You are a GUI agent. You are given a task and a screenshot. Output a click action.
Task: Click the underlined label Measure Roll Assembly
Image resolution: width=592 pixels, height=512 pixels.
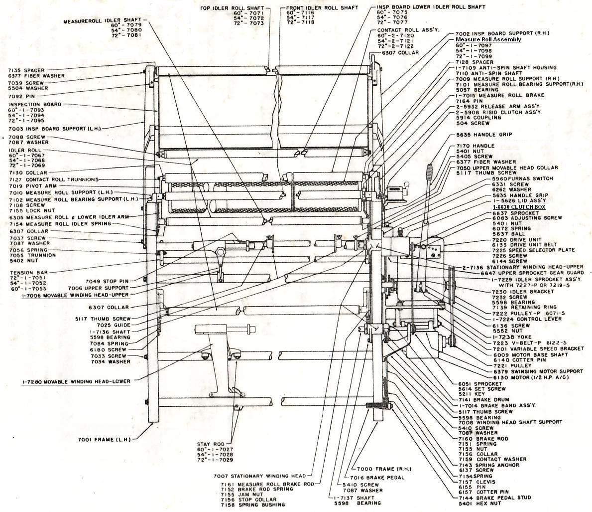tap(488, 39)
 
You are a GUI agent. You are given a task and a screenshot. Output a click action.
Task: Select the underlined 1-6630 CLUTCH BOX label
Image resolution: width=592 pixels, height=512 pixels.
tap(519, 206)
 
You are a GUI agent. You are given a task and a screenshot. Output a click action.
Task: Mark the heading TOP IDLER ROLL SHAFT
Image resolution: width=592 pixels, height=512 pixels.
tap(236, 8)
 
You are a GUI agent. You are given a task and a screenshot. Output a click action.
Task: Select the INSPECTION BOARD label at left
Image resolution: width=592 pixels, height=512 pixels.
tap(34, 104)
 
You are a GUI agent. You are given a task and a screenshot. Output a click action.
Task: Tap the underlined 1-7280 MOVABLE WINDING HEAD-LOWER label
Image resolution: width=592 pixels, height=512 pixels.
tap(76, 381)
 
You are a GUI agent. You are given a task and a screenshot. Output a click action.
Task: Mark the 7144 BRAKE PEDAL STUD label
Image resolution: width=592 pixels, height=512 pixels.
tap(503, 498)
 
